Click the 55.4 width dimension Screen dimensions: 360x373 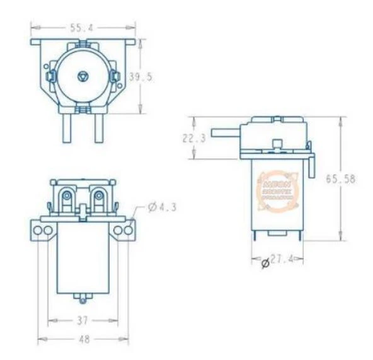tap(83, 28)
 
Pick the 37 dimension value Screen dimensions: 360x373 tap(83, 320)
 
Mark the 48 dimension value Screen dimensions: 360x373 tap(83, 339)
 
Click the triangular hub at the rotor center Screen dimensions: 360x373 tap(83, 76)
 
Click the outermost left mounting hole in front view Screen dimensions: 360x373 tap(38, 231)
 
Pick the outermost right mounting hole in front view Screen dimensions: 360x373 tap(129, 231)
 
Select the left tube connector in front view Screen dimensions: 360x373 tap(66, 200)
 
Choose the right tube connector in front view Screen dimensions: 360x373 tap(100, 200)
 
